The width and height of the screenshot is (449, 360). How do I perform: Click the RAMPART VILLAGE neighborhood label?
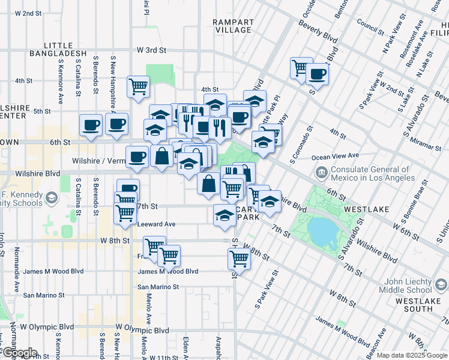233,26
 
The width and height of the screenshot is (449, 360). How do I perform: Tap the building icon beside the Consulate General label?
321,174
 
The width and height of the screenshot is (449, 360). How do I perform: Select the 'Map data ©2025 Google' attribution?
412,355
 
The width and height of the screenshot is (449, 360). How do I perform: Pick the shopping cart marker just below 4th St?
139,86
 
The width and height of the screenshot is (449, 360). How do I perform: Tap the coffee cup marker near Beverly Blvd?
317,74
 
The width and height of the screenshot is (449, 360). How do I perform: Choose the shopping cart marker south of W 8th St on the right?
239,259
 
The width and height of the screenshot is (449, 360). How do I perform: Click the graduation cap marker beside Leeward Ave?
224,214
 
